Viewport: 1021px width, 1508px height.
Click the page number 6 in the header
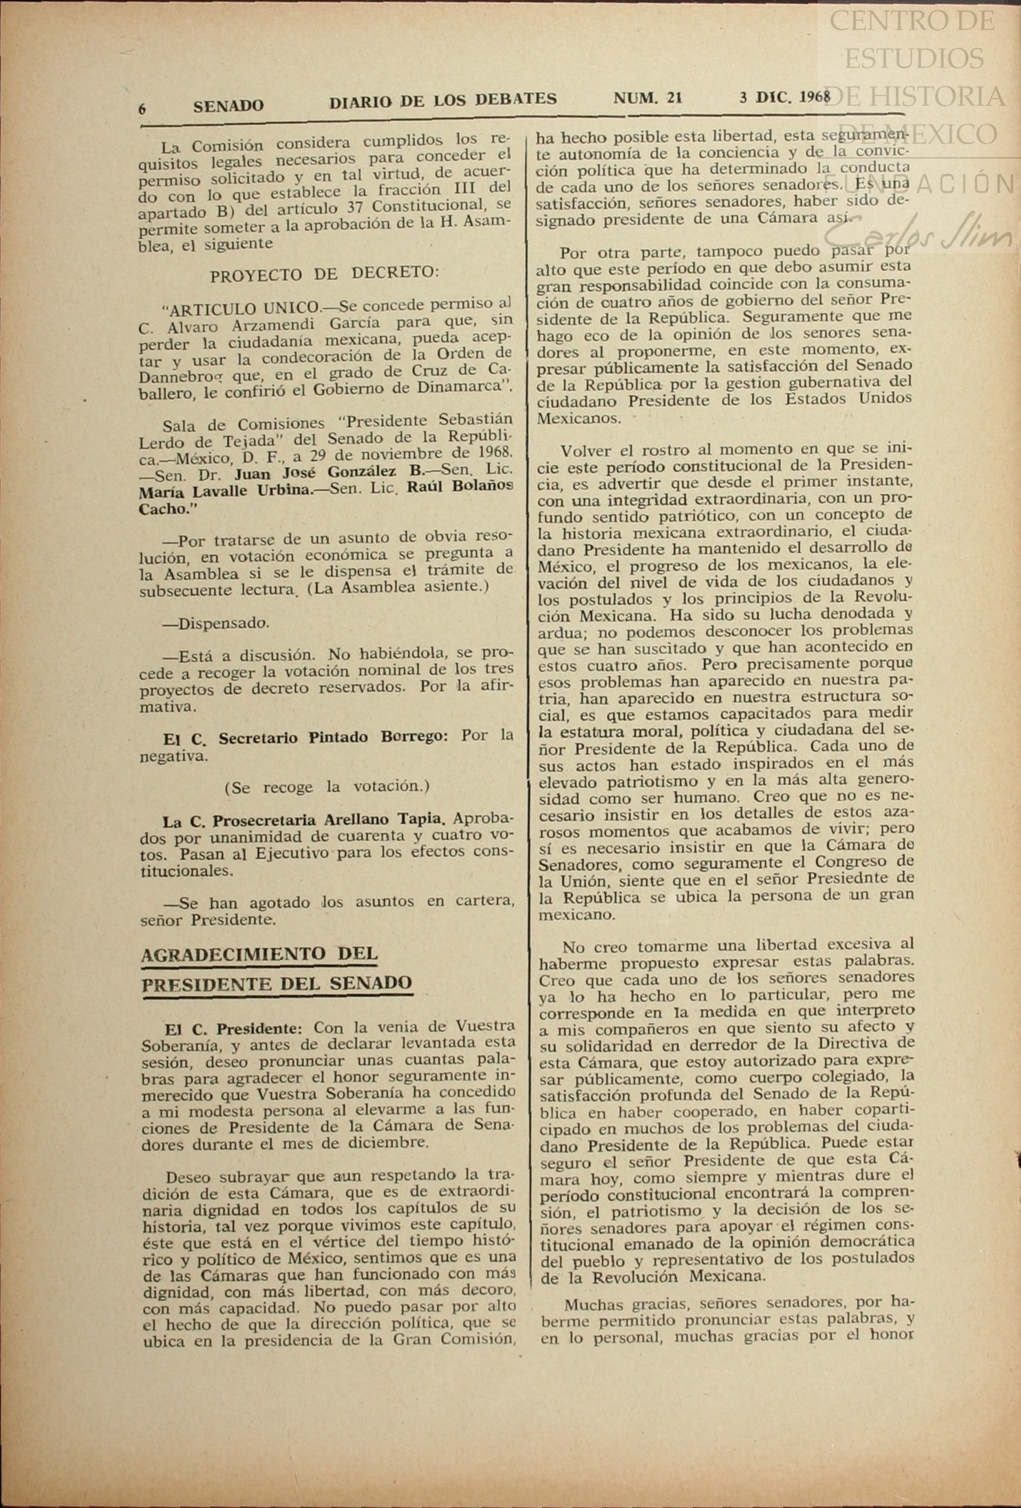[x=142, y=108]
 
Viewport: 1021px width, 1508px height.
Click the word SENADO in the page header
[x=228, y=106]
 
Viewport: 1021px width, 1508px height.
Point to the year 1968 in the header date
[x=815, y=97]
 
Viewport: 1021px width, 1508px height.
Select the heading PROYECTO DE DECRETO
[x=323, y=274]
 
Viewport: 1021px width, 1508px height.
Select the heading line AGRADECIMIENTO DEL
[x=259, y=954]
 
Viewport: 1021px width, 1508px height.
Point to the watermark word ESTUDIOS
[x=914, y=58]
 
